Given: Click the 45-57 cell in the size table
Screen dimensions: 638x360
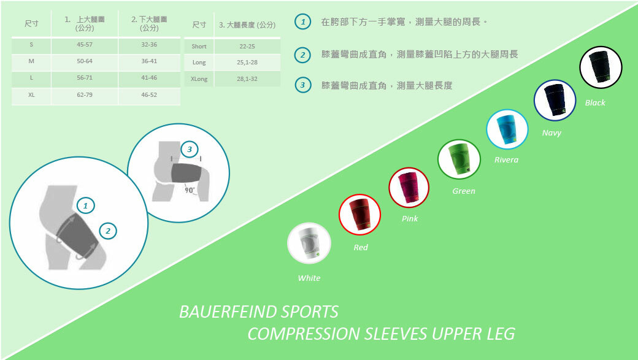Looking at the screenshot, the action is point(84,45).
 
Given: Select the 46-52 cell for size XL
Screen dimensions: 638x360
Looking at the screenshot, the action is point(149,95).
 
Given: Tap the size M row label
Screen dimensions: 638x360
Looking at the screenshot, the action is point(31,61).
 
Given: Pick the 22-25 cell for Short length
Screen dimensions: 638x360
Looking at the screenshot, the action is point(247,47).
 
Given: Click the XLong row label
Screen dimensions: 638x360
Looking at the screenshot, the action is point(199,79).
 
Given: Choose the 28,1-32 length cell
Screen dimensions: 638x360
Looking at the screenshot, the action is point(247,79).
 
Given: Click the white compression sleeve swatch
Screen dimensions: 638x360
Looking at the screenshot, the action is point(309,243).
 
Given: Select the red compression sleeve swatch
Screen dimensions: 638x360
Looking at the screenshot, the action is point(360,213).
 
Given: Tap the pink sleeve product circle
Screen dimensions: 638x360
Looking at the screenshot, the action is point(409,187).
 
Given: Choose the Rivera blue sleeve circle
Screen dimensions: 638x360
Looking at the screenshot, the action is point(507,129).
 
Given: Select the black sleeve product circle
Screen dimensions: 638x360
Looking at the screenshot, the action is point(601,67).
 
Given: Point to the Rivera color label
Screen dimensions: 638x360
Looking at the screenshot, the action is point(506,160).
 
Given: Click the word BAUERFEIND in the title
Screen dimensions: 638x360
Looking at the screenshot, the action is point(227,312).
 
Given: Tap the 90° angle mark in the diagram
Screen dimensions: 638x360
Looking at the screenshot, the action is point(190,190).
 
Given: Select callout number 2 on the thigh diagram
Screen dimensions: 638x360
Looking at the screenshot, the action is point(107,231).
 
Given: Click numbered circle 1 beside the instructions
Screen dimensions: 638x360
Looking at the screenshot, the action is point(301,22).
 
